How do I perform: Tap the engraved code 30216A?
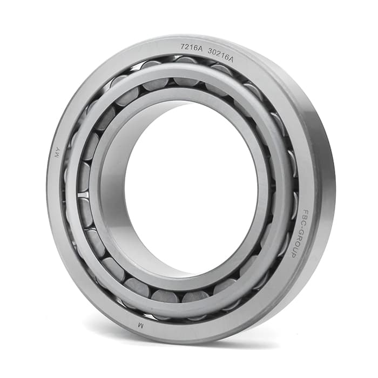coord(220,55)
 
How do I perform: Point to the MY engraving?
coord(58,152)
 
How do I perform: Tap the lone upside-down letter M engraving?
coord(140,326)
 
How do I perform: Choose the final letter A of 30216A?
coord(231,59)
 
